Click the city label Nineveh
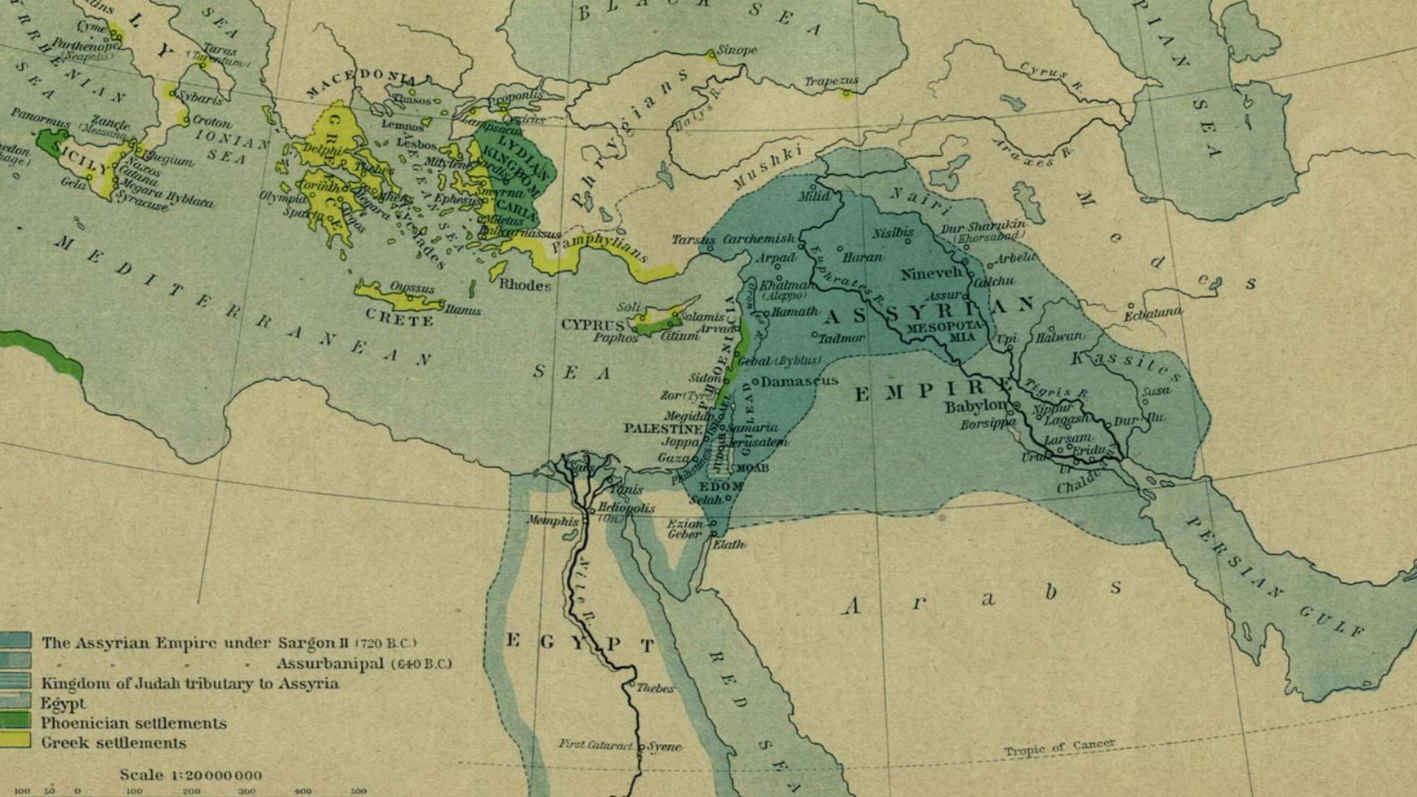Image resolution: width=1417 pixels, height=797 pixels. click(x=931, y=274)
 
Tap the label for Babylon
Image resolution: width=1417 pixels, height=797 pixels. click(x=975, y=407)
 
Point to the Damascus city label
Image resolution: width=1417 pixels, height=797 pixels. click(x=799, y=382)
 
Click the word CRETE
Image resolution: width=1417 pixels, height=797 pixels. click(x=399, y=320)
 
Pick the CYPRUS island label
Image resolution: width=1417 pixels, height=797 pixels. click(x=593, y=325)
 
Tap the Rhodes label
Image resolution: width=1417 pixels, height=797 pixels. click(x=525, y=285)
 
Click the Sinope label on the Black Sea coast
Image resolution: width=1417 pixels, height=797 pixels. click(x=737, y=50)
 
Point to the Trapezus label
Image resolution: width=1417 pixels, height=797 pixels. click(x=831, y=80)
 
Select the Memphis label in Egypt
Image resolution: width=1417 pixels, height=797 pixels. click(x=553, y=521)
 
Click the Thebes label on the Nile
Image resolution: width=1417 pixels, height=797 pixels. click(x=655, y=688)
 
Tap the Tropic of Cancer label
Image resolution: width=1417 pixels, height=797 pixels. click(x=1059, y=748)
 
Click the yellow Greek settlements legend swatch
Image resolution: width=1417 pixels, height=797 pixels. click(x=15, y=740)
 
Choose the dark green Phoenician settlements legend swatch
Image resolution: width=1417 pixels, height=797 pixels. click(x=15, y=720)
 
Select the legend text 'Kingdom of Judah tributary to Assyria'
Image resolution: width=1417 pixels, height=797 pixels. click(x=190, y=683)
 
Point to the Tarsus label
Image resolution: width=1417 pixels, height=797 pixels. click(x=692, y=240)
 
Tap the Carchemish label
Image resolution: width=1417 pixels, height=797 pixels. click(x=759, y=239)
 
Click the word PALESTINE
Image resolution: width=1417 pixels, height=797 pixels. click(x=663, y=428)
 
